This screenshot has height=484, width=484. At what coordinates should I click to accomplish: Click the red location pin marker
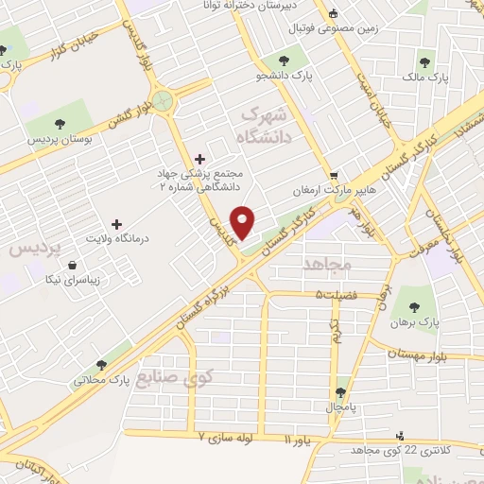click(244, 222)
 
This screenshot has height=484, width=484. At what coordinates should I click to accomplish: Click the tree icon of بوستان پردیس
click(60, 124)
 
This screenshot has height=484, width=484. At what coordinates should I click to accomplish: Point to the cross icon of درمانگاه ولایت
click(116, 225)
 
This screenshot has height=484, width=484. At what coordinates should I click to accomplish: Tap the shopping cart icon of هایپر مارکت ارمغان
click(333, 176)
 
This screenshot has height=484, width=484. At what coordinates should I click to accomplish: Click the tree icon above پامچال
click(339, 391)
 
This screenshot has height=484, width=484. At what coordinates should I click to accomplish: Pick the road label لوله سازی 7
click(226, 438)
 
